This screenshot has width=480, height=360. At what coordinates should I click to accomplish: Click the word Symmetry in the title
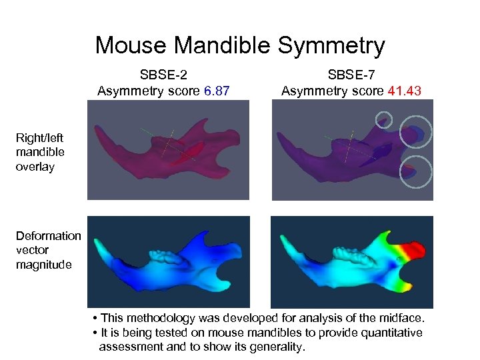point(331,46)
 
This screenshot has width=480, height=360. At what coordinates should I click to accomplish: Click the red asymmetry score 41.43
point(404,91)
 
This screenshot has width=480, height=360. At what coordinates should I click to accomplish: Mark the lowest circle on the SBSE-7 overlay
point(415,171)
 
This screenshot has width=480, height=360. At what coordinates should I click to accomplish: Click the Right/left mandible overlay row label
point(40,153)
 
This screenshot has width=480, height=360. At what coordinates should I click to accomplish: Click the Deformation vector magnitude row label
point(48,249)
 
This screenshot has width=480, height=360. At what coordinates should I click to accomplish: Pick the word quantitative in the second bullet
point(391,333)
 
